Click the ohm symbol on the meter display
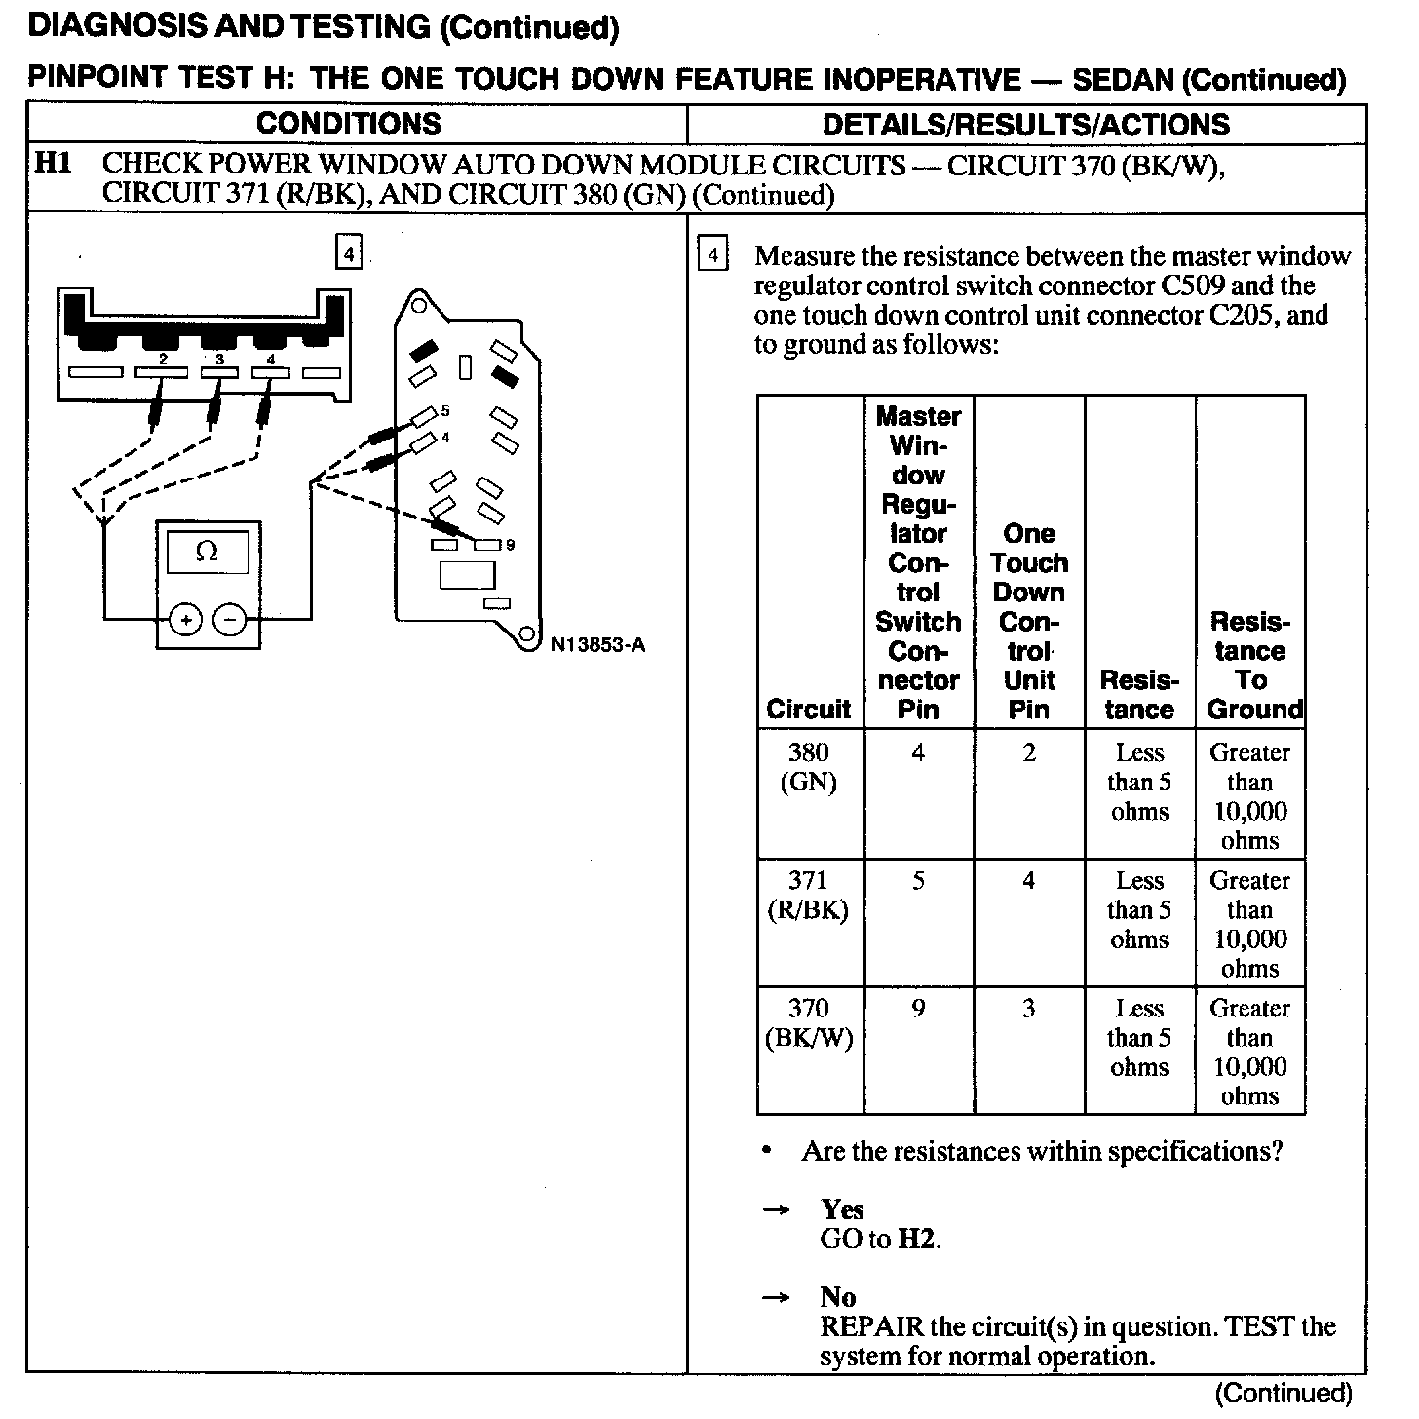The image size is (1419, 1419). point(207,552)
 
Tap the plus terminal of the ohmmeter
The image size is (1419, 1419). point(185,619)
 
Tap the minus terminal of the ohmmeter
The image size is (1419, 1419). point(230,619)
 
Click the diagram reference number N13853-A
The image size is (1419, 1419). point(597,644)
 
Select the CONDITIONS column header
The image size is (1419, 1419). point(349,124)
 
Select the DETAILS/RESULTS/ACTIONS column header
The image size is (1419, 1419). point(1025,124)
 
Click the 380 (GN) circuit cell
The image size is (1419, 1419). point(809,767)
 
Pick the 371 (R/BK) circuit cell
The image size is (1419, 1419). point(809,895)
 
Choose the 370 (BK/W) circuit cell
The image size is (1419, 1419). point(809,1022)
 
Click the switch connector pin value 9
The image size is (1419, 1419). point(918,1009)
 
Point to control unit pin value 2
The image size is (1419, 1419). point(1029,752)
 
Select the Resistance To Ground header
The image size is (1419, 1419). point(1251,666)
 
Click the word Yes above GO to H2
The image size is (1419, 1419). point(842,1209)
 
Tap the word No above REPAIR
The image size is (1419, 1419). point(838,1297)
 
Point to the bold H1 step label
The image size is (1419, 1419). point(54,163)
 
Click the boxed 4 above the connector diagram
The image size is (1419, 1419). point(348,254)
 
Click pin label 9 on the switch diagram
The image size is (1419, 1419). point(510,545)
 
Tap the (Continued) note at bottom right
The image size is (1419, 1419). point(1285,1393)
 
